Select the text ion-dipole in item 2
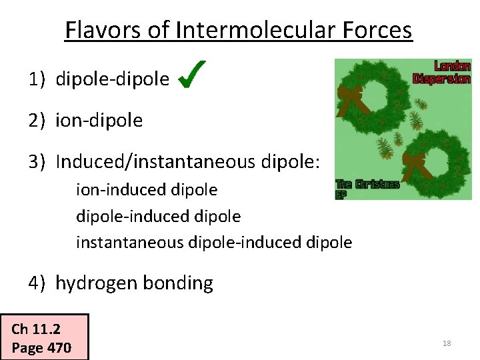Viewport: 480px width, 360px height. point(99,120)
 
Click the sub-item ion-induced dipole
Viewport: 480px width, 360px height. point(147,190)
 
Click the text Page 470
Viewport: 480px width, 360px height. point(41,347)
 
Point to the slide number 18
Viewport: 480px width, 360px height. point(447,343)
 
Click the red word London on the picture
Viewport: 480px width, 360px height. point(452,66)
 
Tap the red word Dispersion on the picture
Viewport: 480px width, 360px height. point(441,78)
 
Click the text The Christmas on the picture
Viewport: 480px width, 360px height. point(367,184)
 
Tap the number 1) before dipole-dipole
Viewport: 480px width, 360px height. point(37,80)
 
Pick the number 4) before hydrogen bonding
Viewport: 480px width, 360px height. point(37,283)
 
